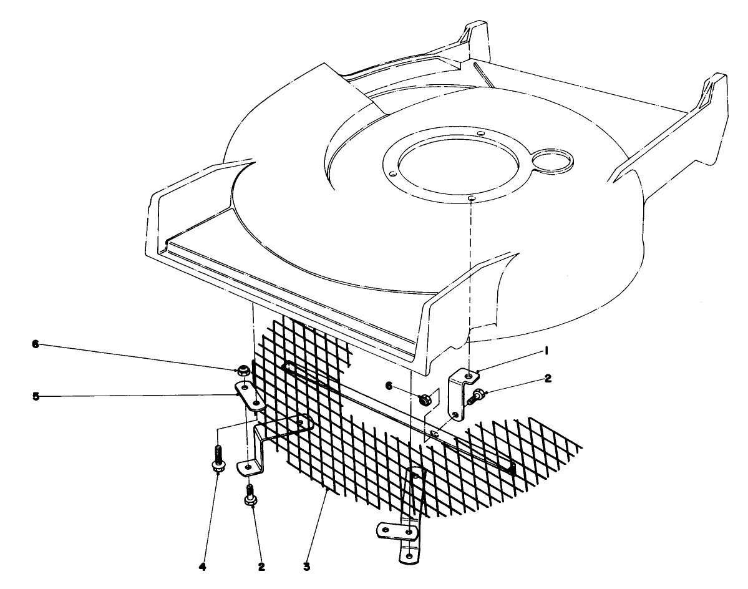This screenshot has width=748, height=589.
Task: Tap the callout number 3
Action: pos(306,567)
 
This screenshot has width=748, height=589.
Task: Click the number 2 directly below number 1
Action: pos(548,377)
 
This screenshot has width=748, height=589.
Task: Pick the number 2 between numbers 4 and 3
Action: pos(261,567)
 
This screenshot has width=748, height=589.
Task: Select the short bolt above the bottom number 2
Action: pos(252,495)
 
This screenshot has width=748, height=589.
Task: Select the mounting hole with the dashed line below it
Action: pos(471,198)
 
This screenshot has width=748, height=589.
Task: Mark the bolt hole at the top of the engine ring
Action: pos(480,134)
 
